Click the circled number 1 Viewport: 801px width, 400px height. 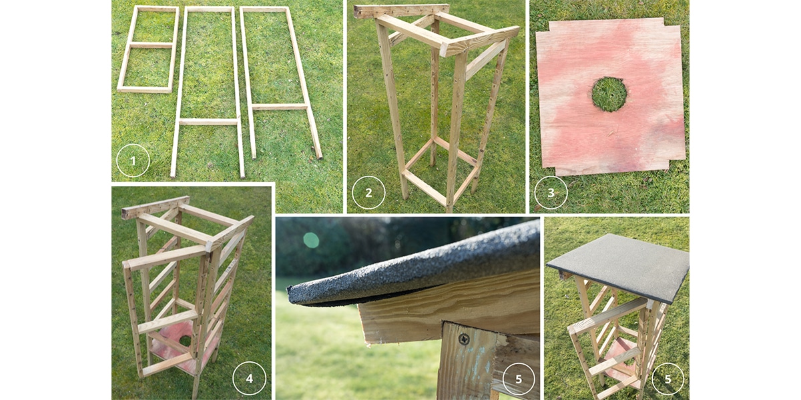(x=132, y=161)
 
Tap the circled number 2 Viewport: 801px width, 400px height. (x=369, y=193)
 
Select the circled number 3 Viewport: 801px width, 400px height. (x=551, y=193)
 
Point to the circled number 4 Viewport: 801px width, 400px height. (x=249, y=379)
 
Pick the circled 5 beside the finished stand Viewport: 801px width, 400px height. (x=667, y=378)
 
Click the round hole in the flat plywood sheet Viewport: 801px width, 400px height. (x=609, y=94)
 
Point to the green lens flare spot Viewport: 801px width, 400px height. (x=311, y=240)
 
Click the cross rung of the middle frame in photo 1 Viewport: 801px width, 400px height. (x=209, y=122)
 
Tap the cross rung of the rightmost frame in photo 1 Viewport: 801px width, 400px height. (x=280, y=107)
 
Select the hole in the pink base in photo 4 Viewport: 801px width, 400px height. (x=186, y=341)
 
